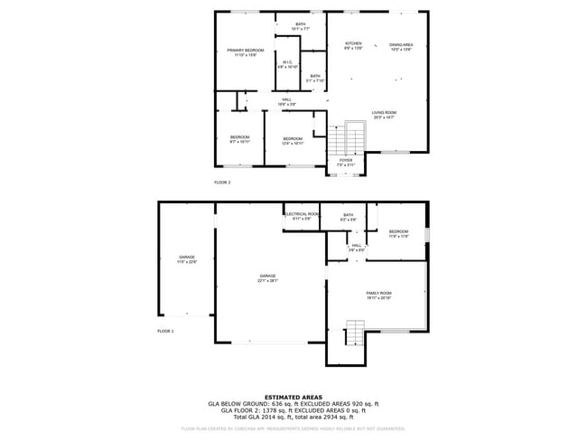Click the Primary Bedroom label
point(246,51)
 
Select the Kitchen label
point(353,45)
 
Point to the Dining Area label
point(401,45)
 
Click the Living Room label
point(384,114)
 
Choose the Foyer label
point(345,162)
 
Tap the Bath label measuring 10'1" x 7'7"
point(300,25)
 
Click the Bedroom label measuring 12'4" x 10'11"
point(293,140)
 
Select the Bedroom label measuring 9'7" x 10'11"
point(239,139)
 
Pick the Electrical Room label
point(302,216)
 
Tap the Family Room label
point(378,295)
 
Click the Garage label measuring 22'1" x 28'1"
point(268,277)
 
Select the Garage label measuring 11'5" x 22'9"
point(187,259)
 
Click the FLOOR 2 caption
point(222,183)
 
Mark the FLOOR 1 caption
point(166,332)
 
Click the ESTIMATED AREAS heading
point(293,396)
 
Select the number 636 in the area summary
point(270,403)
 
